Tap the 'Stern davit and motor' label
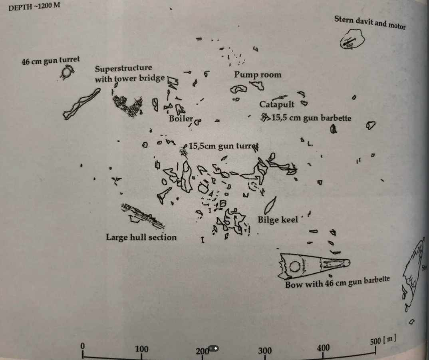click(x=369, y=23)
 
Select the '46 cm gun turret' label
click(x=50, y=61)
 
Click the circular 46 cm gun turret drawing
click(x=68, y=73)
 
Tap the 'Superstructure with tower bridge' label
click(x=129, y=74)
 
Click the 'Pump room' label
click(x=257, y=75)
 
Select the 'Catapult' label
click(x=276, y=105)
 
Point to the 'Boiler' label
click(x=181, y=119)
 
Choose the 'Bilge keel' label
click(x=278, y=220)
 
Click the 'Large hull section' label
click(x=141, y=237)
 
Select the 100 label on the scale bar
click(x=142, y=348)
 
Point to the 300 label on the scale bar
click(x=264, y=351)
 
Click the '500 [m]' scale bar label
click(x=383, y=341)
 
